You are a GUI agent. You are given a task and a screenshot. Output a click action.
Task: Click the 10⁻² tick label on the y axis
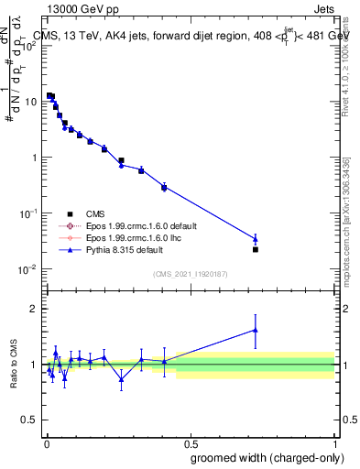pos(27,269)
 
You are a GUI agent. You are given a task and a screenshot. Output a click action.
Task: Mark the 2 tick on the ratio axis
pos(35,309)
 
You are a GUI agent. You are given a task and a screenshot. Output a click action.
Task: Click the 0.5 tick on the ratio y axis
pos(30,421)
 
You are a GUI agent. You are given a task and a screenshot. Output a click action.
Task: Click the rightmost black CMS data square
pos(256,249)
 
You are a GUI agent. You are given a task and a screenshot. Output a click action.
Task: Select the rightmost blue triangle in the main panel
pos(256,239)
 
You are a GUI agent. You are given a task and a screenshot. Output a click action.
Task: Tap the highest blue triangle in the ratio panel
pos(256,330)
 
